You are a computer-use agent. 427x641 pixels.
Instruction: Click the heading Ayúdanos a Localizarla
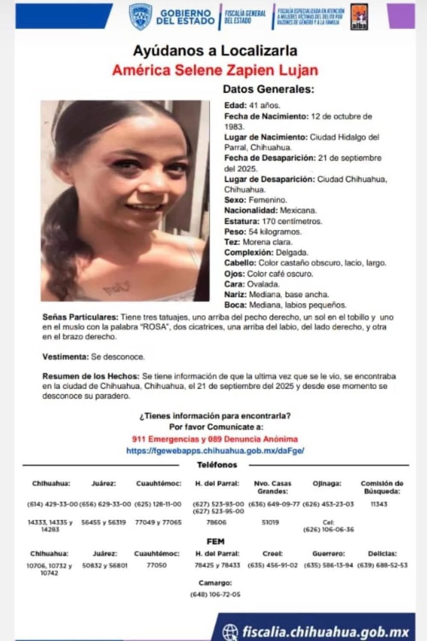[x=215, y=51]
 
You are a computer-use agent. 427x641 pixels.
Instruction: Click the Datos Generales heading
[x=268, y=89]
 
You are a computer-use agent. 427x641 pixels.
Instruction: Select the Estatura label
[x=241, y=221]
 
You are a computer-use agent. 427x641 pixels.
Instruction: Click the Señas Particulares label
[x=80, y=318]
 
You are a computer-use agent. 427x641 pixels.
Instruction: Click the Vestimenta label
[x=65, y=356]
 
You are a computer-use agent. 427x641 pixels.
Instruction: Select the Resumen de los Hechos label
[x=91, y=376]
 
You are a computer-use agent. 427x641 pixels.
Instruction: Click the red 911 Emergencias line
[x=215, y=439]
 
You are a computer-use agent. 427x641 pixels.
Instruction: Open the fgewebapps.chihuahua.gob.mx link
[x=215, y=450]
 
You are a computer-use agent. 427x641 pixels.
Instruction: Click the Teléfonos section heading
[x=217, y=465]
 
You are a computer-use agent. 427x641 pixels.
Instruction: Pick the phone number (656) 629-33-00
[x=105, y=504]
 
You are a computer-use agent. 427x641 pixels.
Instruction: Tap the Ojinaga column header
[x=327, y=484]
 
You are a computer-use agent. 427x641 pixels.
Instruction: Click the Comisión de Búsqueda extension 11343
[x=379, y=504]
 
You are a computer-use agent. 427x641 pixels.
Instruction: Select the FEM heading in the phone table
[x=215, y=541]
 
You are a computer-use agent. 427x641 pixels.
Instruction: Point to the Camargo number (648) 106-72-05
[x=215, y=594]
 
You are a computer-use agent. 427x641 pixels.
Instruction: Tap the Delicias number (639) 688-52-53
[x=382, y=565]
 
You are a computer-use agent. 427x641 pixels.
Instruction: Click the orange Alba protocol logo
[x=357, y=18]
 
